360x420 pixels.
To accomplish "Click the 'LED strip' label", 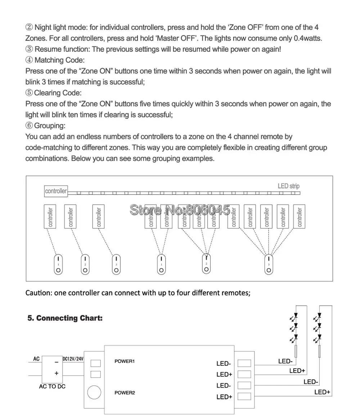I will coord(288,186).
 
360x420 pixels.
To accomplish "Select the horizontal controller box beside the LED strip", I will coord(56,191).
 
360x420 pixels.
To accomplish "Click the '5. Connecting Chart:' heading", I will coord(65,318).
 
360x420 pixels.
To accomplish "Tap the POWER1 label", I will coord(125,361).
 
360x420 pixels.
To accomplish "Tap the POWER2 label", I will coord(125,393).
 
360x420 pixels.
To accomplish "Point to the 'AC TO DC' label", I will coord(52,387).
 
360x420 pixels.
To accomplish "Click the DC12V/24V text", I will coord(73,359).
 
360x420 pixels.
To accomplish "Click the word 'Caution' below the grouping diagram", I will coord(37,293).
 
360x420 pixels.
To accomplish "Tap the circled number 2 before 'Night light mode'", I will coord(29,27).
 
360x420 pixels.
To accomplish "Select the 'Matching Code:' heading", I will coord(59,60).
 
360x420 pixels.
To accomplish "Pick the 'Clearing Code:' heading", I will coord(58,93).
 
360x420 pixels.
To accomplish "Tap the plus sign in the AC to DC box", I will coord(56,374).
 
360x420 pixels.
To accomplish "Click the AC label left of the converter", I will coord(36,359).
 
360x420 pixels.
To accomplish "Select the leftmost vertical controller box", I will coord(50,216).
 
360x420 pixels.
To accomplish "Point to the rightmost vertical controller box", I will coord(299,216).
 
